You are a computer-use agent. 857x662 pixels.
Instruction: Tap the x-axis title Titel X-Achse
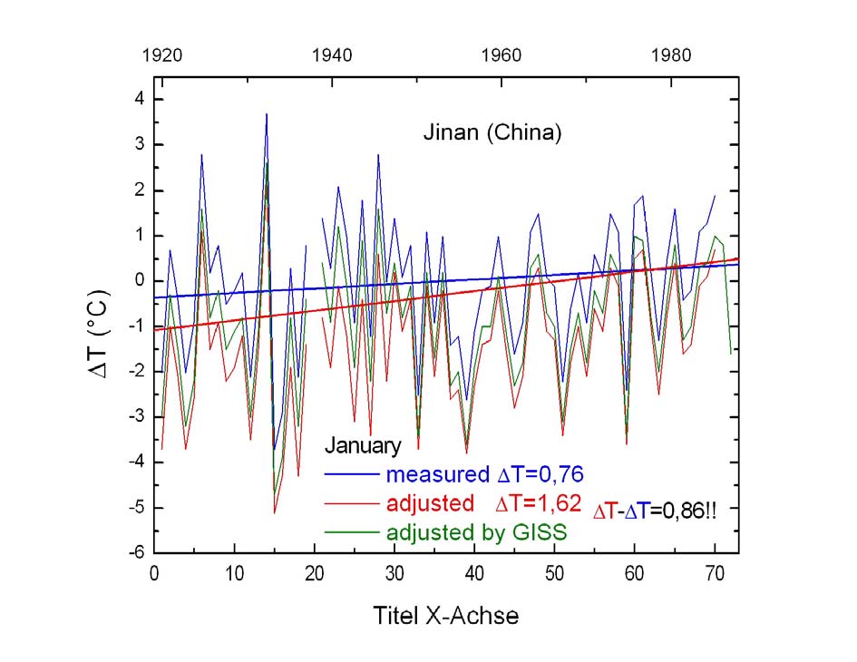[x=446, y=616]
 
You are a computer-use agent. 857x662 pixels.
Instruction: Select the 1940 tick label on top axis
[x=332, y=54]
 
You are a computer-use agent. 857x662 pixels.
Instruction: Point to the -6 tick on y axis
[x=132, y=553]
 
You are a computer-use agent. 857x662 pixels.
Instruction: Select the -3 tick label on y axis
[x=132, y=417]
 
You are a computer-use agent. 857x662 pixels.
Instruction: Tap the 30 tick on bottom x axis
[x=394, y=574]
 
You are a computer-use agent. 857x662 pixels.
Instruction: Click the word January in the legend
[x=363, y=446]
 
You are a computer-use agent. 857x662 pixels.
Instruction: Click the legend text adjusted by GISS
[x=476, y=533]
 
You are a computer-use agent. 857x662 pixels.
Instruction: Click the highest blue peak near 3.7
[x=267, y=114]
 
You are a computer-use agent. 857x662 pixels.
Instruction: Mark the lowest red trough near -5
[x=275, y=513]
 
